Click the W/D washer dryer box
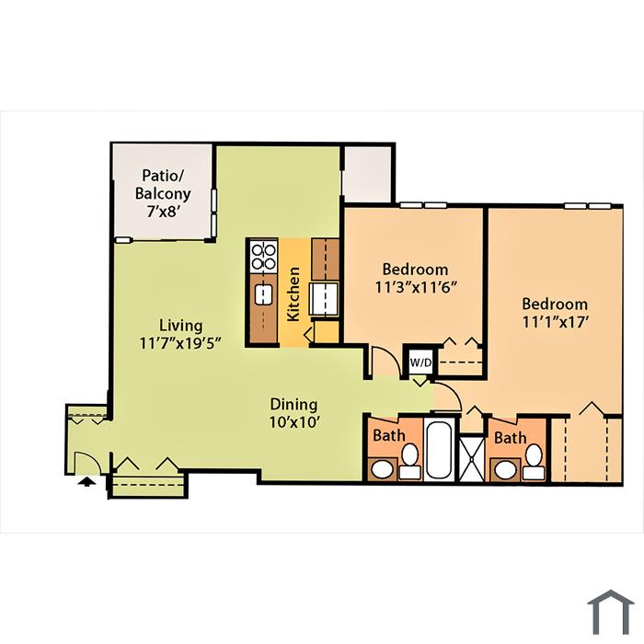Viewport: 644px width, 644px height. (420, 362)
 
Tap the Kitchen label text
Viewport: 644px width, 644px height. (293, 294)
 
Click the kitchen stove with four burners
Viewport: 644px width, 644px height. (263, 257)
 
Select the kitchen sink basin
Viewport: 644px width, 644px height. (263, 295)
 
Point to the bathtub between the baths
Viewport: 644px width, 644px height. (439, 449)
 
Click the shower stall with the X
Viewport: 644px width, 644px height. (471, 459)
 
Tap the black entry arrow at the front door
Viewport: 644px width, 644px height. (86, 481)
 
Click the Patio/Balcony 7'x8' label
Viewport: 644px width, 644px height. (163, 193)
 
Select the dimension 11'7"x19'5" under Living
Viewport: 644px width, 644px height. (180, 343)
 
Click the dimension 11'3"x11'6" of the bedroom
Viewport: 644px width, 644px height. (416, 287)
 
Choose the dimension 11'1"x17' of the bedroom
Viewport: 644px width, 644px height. (556, 322)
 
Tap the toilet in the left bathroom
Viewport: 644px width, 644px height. (410, 462)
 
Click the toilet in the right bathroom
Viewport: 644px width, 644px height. (534, 462)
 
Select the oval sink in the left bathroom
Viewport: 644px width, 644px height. (383, 469)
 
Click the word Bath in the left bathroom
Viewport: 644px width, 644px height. (389, 435)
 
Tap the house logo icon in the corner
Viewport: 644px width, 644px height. (611, 612)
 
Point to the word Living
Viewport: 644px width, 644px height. (180, 326)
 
